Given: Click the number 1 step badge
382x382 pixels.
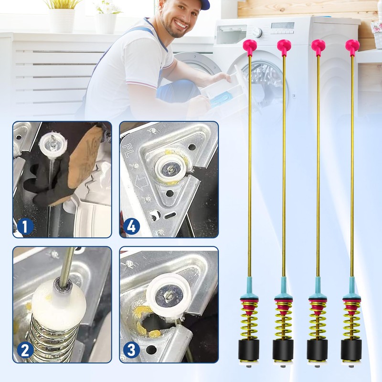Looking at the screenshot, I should (25, 226).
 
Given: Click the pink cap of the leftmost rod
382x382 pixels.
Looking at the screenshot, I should (249, 46).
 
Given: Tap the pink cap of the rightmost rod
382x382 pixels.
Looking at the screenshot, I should (352, 46).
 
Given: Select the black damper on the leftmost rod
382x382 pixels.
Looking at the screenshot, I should (249, 350).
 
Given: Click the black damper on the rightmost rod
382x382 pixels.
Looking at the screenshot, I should (351, 350).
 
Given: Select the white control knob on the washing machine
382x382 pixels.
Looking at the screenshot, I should (257, 32).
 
